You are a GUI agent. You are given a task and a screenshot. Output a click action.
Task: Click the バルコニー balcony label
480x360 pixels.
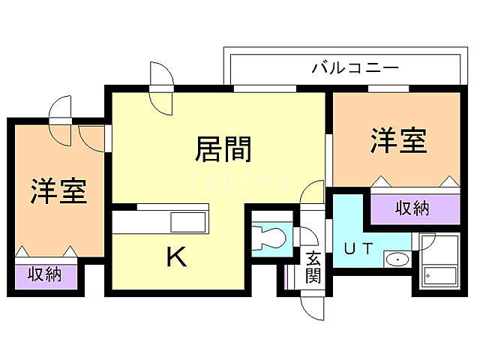[355, 68]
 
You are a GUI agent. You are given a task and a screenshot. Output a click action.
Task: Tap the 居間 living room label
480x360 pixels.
[223, 149]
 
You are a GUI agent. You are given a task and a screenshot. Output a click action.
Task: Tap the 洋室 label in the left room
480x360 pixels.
[58, 191]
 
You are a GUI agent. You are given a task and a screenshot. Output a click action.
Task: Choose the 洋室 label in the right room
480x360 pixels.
[397, 140]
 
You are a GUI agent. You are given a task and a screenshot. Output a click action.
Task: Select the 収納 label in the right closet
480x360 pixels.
[412, 208]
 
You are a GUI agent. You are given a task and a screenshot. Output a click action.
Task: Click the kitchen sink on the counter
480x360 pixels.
[187, 223]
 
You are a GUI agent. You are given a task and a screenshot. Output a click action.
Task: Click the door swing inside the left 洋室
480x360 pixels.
[91, 136]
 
